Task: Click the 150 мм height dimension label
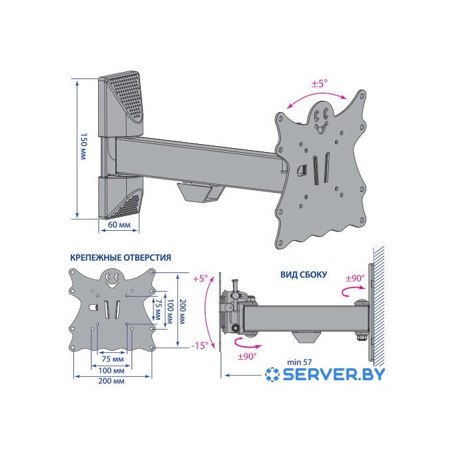(83, 147)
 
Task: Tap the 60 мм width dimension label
(119, 225)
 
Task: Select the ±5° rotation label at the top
(320, 83)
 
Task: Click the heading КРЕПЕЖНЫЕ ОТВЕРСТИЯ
(121, 258)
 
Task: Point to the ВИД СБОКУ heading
(304, 275)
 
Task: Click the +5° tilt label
(201, 279)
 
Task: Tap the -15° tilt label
(200, 346)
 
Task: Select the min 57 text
(300, 362)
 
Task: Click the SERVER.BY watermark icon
(272, 374)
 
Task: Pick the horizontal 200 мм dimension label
(111, 381)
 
